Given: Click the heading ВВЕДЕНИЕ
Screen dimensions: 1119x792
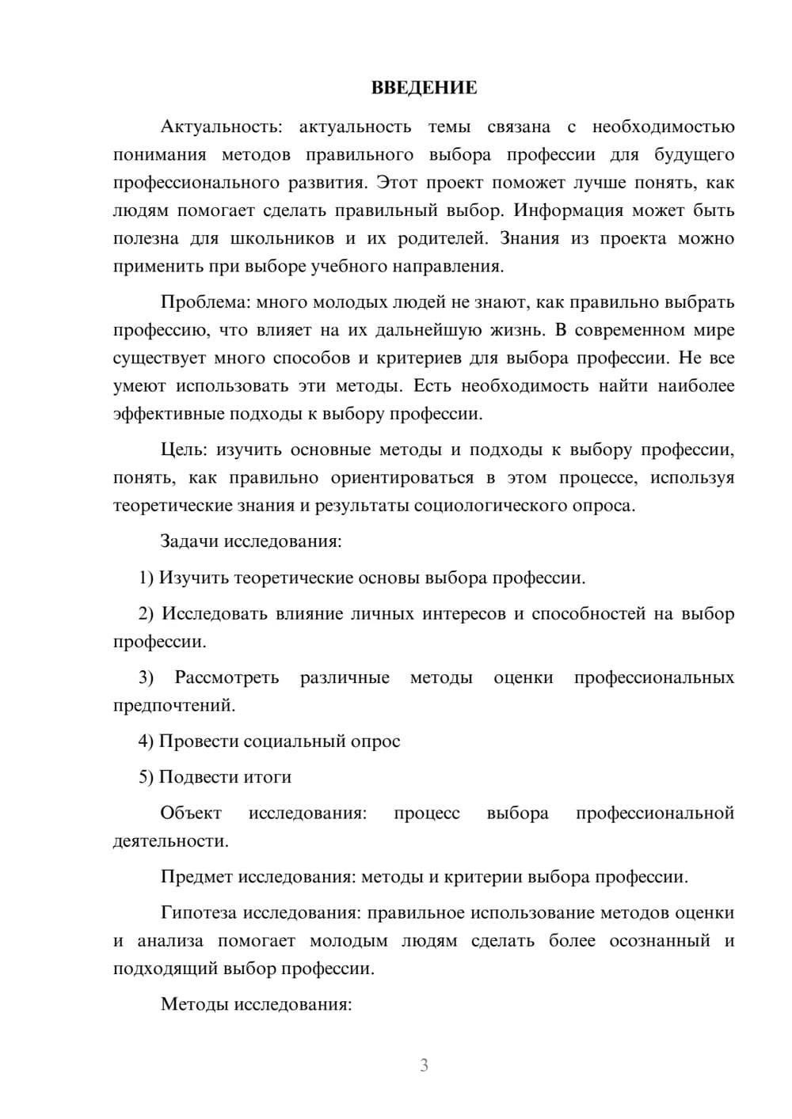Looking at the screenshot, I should point(424,88).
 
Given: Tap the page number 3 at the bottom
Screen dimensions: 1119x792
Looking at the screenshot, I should point(424,1065).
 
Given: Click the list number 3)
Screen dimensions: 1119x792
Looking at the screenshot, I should point(146,677).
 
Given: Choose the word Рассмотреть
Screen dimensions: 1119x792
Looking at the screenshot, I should point(227,677).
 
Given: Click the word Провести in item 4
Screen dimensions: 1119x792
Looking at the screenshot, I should point(199,742).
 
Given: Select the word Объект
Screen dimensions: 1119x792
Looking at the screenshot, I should point(191,813).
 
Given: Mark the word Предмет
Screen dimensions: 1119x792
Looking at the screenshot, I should point(197,877).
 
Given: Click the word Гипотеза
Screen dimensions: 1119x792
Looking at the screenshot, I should point(198,912).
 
